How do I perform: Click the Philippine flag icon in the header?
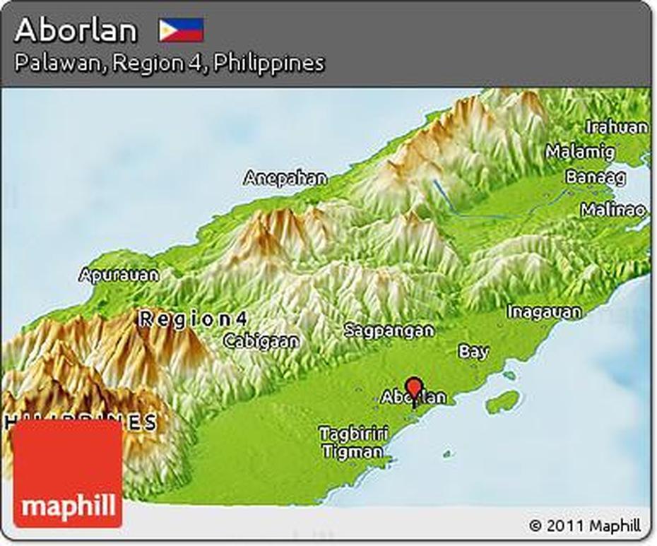[x=181, y=30]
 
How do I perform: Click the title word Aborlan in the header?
[x=76, y=30]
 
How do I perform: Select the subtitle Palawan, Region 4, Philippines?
[x=169, y=63]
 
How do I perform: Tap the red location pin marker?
[x=415, y=388]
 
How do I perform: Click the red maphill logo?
[x=68, y=474]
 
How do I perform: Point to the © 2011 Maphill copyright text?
[x=585, y=526]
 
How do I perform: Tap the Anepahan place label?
[x=285, y=178]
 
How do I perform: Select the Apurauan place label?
[x=119, y=275]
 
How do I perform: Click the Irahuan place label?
[x=616, y=127]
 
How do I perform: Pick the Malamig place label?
[x=580, y=151]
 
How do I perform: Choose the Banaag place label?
[x=596, y=177]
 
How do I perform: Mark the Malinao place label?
[x=612, y=210]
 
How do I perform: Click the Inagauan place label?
[x=544, y=311]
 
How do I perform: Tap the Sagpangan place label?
[x=389, y=330]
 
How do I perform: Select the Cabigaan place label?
[x=261, y=340]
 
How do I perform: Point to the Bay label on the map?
[x=473, y=351]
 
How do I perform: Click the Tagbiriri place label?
[x=352, y=433]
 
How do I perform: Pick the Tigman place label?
[x=353, y=451]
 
